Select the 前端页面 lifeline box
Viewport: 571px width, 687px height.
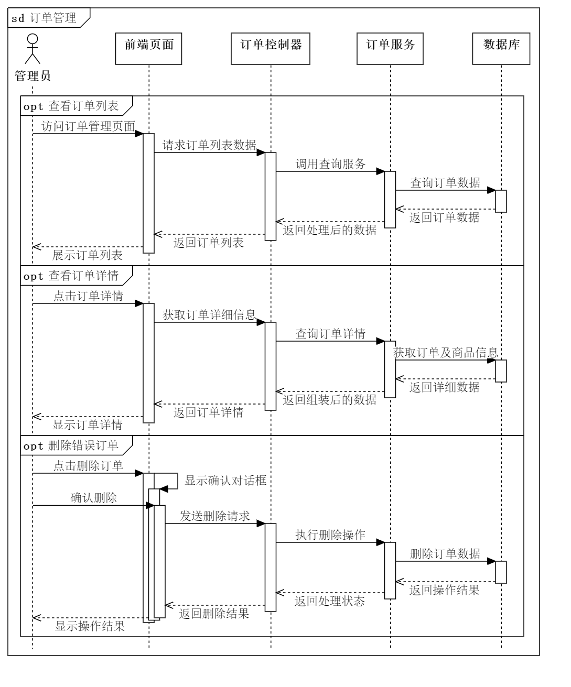click(x=148, y=49)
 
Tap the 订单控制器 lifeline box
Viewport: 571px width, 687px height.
click(x=271, y=49)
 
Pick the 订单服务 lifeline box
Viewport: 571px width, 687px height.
click(x=390, y=49)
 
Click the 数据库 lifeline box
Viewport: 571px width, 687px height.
click(x=501, y=49)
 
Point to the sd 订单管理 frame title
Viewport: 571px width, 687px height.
click(x=45, y=19)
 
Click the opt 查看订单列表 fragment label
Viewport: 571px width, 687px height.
click(x=71, y=106)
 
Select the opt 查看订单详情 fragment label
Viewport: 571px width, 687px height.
click(x=71, y=276)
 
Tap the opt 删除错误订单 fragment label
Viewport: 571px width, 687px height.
click(x=71, y=446)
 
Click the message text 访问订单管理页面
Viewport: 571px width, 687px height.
click(x=88, y=126)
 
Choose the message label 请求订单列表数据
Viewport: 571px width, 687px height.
click(x=209, y=145)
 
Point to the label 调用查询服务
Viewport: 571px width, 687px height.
click(x=330, y=164)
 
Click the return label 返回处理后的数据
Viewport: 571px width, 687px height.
click(x=330, y=230)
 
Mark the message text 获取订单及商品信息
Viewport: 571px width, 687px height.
click(x=445, y=353)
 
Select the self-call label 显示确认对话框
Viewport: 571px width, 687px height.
click(x=226, y=481)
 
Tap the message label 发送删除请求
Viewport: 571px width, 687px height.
click(x=215, y=516)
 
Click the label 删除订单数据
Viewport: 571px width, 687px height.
click(x=445, y=554)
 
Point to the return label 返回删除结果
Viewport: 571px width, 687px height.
click(x=214, y=614)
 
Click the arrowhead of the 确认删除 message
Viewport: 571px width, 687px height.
click(x=150, y=506)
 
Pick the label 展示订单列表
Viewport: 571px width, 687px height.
click(x=88, y=255)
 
